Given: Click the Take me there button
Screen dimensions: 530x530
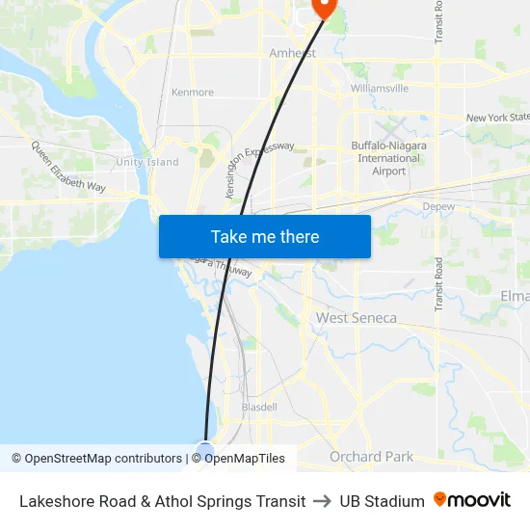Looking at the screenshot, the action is [265, 236].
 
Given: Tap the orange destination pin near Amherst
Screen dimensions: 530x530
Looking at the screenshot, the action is [323, 7].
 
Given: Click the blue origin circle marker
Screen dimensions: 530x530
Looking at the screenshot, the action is [205, 450].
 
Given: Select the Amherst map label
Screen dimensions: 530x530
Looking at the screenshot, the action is [293, 53].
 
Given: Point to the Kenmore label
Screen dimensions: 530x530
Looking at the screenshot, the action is [192, 93].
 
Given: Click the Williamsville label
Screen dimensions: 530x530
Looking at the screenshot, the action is [380, 88].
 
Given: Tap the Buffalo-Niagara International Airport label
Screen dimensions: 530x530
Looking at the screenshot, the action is [389, 158].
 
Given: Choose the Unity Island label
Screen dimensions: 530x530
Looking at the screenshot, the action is [147, 162].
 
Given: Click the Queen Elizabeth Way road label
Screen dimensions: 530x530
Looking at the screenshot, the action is [68, 167].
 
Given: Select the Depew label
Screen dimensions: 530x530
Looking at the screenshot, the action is [438, 206].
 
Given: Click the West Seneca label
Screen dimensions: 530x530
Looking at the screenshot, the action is [357, 318].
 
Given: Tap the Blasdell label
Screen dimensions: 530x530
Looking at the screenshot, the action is [259, 408].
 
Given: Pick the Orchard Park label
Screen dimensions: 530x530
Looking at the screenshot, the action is [371, 457].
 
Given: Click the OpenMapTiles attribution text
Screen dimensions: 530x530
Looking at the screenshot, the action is [245, 459].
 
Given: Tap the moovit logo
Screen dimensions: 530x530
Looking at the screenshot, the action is [472, 500].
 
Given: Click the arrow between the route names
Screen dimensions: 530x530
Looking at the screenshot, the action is [323, 501].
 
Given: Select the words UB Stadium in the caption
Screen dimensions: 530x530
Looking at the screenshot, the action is [382, 501].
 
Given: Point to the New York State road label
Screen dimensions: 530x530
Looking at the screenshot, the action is [497, 118].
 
